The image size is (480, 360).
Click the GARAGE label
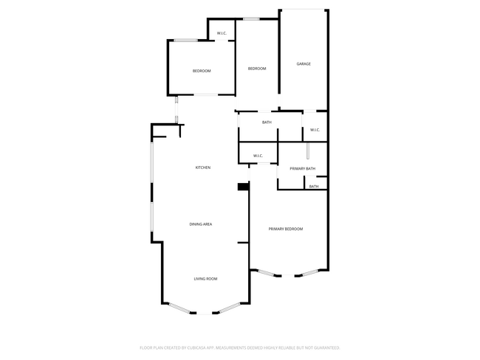[x=304, y=64]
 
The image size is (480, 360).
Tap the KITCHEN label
[x=203, y=167]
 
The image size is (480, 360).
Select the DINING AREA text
[x=202, y=224]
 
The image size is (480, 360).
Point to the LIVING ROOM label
[x=205, y=278]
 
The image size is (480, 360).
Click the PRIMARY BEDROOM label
[x=286, y=229]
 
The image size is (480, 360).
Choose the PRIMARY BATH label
[x=303, y=169]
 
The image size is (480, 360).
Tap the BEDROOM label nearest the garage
[x=257, y=69]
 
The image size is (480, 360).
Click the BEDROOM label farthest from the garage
[x=202, y=71]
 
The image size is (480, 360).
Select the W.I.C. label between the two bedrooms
[x=222, y=32]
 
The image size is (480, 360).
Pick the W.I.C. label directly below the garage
[x=315, y=130]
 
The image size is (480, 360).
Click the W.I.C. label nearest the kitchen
[x=258, y=156]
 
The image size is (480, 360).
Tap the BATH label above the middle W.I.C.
[x=267, y=122]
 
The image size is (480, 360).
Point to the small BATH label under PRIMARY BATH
[x=314, y=187]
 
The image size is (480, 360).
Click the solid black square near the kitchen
[x=242, y=187]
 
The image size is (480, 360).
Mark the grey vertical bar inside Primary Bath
[x=308, y=152]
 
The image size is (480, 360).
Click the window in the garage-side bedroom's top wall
[x=252, y=19]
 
